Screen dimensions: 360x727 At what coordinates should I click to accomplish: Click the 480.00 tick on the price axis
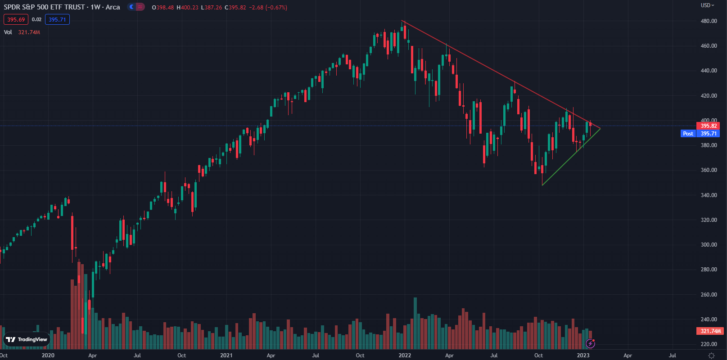[x=709, y=21]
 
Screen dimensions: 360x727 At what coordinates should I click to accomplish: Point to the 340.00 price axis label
[x=709, y=195]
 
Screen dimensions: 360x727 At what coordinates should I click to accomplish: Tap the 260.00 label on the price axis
[x=709, y=295]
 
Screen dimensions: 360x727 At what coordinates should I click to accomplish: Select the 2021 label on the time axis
[x=226, y=355]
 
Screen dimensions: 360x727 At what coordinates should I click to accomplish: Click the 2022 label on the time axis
[x=405, y=355]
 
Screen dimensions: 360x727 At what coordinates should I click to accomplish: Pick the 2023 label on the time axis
[x=583, y=355]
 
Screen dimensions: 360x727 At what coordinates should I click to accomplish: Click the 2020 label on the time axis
[x=48, y=355]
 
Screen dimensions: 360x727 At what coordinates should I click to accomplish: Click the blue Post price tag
[x=688, y=134]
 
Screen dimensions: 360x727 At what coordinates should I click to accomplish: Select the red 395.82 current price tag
[x=709, y=126]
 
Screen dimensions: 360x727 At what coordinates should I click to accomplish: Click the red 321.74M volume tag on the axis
[x=710, y=331]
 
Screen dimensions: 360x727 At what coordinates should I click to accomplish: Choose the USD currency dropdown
[x=707, y=5]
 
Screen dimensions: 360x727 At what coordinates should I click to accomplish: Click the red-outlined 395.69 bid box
[x=16, y=19]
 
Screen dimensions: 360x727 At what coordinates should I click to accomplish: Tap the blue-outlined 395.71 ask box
[x=57, y=19]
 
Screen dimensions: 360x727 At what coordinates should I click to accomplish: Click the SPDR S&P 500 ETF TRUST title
[x=44, y=7]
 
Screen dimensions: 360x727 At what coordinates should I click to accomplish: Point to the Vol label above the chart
[x=8, y=32]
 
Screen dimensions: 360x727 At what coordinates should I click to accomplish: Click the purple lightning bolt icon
[x=590, y=344]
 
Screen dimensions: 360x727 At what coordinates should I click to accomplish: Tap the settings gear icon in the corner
[x=711, y=355]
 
